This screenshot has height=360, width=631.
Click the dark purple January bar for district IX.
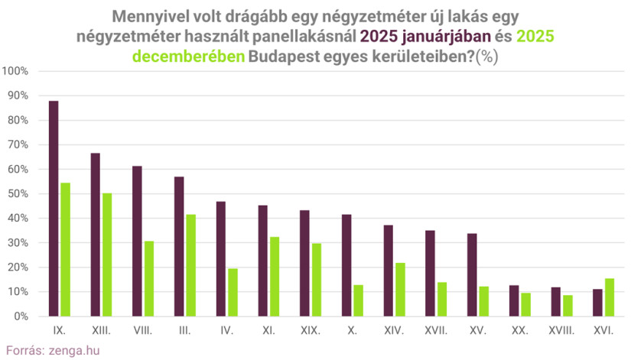[x=54, y=209]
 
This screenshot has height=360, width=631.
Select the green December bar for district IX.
[x=65, y=250]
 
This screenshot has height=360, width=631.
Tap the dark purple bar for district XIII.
[x=96, y=235]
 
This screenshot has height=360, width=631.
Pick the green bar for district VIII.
[x=149, y=279]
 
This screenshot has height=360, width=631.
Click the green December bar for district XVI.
[x=610, y=297]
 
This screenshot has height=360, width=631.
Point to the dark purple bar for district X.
[x=346, y=265]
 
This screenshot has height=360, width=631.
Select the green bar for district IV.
[x=233, y=293]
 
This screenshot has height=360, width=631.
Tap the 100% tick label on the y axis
[x=16, y=71]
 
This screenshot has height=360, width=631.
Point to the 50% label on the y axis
[x=18, y=194]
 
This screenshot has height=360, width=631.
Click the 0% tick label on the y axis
[x=21, y=316]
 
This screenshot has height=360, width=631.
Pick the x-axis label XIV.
[x=395, y=332]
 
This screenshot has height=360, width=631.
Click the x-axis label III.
[x=184, y=332]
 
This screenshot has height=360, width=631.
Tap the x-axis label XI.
[x=268, y=332]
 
